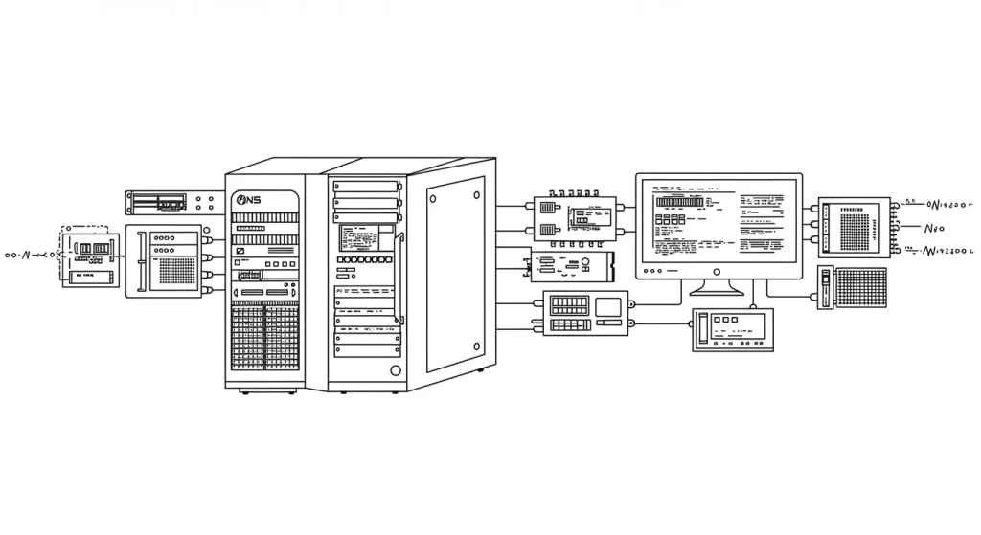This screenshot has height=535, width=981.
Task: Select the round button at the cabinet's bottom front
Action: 394,370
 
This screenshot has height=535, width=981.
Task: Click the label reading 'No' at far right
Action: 934,229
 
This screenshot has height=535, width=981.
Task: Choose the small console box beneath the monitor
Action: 733,329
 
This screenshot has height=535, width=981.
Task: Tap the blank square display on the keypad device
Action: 607,308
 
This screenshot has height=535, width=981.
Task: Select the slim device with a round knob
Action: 572,265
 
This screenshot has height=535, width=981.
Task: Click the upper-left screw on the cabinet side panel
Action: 433,199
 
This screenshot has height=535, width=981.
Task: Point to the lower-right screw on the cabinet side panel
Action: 476,347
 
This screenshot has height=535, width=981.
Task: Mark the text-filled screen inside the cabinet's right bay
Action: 366,237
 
